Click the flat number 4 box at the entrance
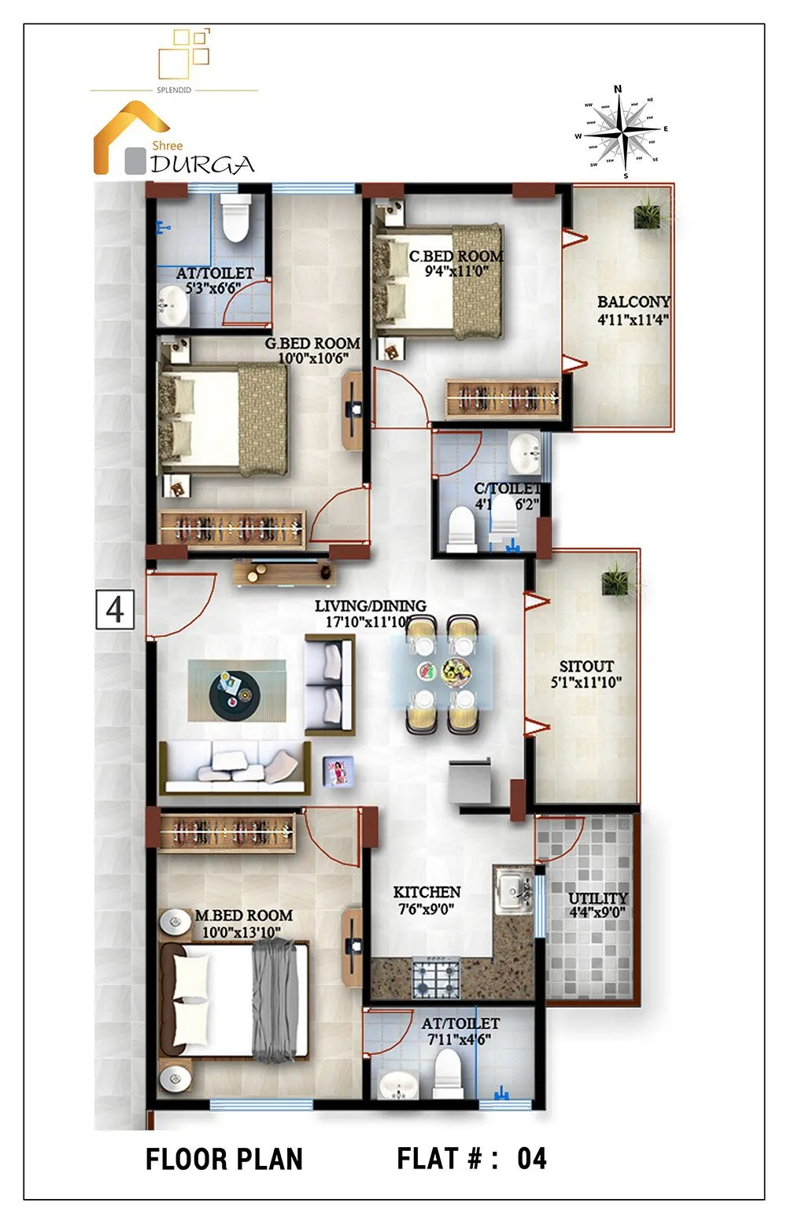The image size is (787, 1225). (115, 609)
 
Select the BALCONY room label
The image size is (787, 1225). (633, 302)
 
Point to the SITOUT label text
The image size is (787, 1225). (586, 666)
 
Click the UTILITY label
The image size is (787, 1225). (598, 898)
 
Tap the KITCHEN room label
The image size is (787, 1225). (427, 892)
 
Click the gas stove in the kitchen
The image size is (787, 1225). (436, 978)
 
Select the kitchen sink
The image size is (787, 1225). (513, 890)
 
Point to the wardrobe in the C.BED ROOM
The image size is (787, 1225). (501, 398)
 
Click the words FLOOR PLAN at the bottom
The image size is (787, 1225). (224, 1159)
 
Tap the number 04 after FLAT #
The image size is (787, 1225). (531, 1158)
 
